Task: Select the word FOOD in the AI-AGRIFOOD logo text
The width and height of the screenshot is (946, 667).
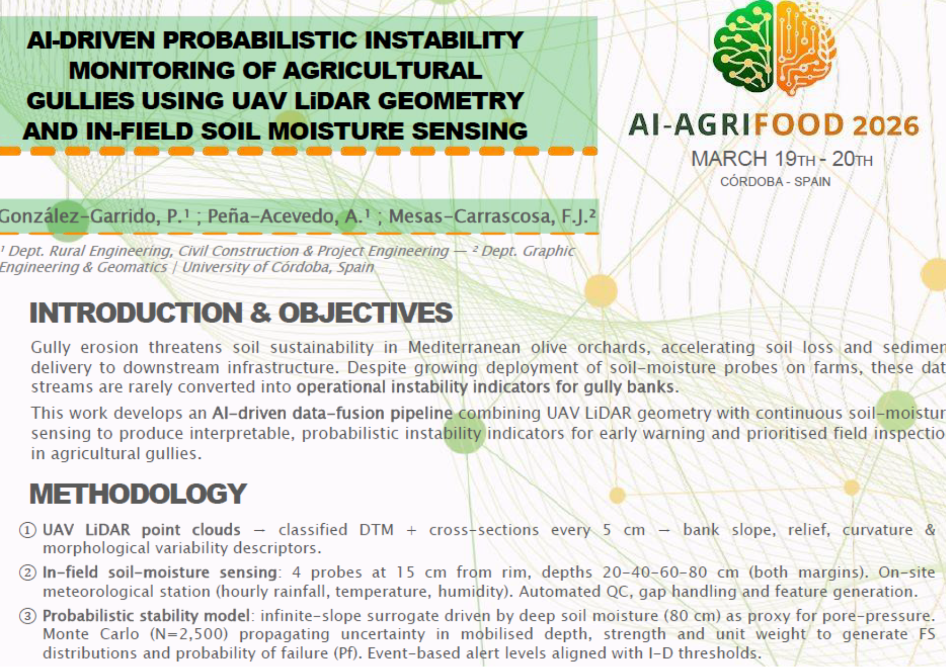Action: click(x=799, y=125)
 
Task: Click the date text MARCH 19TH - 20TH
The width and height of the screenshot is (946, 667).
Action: click(x=781, y=159)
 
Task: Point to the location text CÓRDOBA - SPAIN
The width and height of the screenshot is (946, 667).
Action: click(x=775, y=182)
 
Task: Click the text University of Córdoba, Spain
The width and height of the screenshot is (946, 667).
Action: click(x=278, y=267)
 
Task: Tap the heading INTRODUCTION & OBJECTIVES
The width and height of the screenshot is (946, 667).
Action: click(x=241, y=313)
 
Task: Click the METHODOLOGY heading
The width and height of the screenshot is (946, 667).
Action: click(x=138, y=494)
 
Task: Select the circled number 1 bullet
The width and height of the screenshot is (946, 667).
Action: click(x=27, y=530)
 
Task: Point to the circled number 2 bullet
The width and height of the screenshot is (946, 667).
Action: click(x=27, y=573)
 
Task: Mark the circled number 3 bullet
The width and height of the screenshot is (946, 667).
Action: click(x=27, y=616)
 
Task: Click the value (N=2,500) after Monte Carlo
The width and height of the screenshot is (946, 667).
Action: click(x=189, y=634)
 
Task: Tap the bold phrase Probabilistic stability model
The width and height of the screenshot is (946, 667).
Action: click(x=146, y=615)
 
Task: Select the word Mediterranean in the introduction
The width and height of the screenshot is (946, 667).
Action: click(x=464, y=347)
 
